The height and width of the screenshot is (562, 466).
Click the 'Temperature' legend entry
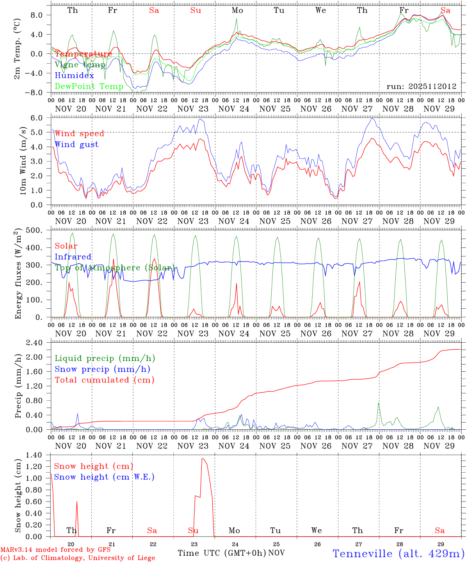point(84,54)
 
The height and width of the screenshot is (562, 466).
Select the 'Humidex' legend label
point(74,76)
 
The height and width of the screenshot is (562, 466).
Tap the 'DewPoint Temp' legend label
point(89,86)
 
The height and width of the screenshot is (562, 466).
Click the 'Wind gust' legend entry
point(76,144)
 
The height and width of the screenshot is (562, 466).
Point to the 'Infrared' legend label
point(73,257)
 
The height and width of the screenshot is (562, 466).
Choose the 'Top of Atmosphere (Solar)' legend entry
point(114,268)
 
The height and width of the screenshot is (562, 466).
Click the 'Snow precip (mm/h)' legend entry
point(102,369)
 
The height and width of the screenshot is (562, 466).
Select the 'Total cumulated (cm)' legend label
point(105,380)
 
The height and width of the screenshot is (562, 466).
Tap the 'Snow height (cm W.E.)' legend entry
point(104,477)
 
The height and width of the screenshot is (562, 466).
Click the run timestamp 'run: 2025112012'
point(422,87)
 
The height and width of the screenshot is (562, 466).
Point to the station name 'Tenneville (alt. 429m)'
point(398,553)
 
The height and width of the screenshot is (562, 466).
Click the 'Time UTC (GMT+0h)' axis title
point(222,553)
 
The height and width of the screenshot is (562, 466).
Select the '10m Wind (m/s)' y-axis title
point(23,160)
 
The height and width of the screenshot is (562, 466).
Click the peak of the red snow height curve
point(202,459)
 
